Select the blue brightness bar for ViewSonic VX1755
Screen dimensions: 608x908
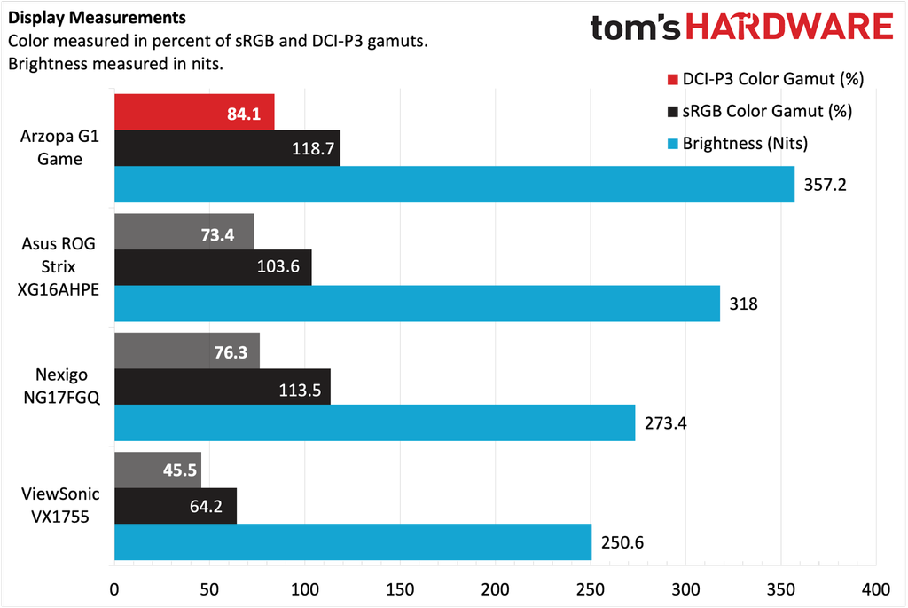click(353, 541)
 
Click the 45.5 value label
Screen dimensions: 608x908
click(181, 470)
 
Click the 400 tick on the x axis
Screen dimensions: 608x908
click(875, 588)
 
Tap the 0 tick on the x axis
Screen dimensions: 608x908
click(114, 588)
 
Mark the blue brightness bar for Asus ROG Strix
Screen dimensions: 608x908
click(417, 304)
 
